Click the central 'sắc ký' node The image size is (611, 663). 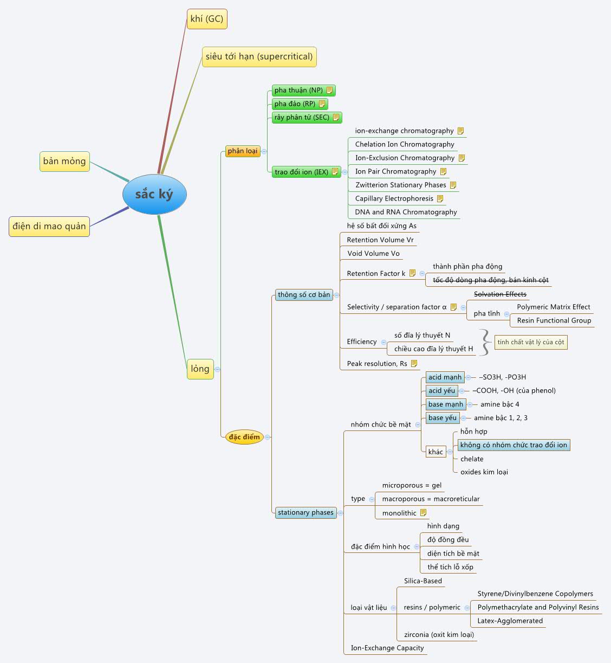[x=154, y=194]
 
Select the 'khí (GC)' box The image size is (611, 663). [x=206, y=19]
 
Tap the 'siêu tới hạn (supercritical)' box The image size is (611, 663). [x=259, y=56]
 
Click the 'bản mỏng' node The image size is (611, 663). [x=64, y=161]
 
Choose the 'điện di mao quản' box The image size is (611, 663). [x=49, y=226]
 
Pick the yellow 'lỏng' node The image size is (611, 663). [x=200, y=369]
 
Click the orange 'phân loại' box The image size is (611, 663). [x=243, y=151]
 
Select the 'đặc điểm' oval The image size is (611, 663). [x=244, y=437]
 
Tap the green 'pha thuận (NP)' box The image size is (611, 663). [x=298, y=91]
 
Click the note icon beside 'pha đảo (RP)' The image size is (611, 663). [x=322, y=104]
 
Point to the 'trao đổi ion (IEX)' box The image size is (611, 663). [x=301, y=172]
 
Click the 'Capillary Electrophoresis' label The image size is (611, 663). [x=394, y=198]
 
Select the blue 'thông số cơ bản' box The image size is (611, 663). [x=304, y=295]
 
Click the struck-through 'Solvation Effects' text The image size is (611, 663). [x=500, y=294]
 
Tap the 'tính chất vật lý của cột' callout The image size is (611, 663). [x=531, y=342]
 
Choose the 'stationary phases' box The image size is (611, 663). [x=305, y=513]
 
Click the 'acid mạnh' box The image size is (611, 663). [x=445, y=377]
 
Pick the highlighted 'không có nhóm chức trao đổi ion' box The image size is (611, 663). [x=513, y=445]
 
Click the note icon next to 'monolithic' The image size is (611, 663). [x=424, y=513]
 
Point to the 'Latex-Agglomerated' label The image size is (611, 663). [x=510, y=621]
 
